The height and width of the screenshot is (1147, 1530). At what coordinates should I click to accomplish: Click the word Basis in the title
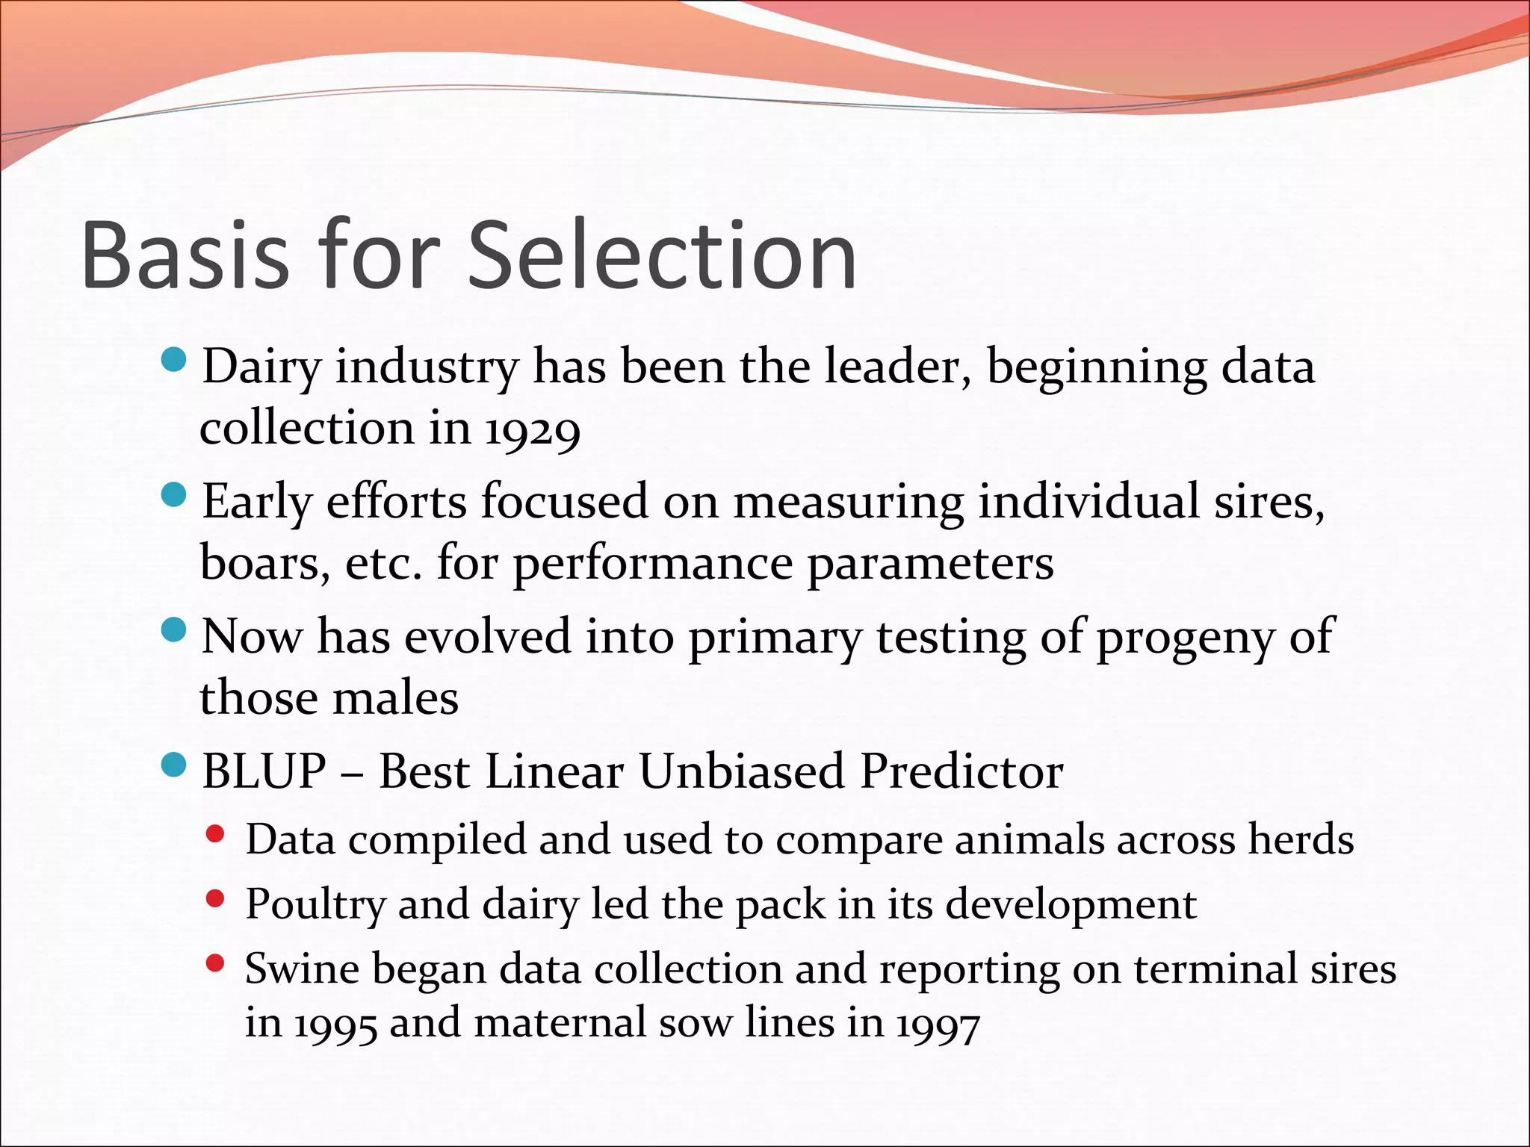point(185,255)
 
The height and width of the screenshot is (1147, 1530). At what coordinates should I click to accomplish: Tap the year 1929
point(532,431)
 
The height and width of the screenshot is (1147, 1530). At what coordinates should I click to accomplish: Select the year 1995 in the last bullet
point(335,1025)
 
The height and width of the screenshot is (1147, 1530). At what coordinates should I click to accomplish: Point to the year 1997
point(938,1025)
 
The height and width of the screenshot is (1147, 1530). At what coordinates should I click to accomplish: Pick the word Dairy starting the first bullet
point(261,368)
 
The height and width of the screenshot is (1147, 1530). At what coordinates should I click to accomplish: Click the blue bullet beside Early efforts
point(173,495)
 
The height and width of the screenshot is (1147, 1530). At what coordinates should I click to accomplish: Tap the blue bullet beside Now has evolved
point(173,630)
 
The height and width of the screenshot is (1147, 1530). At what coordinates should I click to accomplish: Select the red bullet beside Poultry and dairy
point(215,899)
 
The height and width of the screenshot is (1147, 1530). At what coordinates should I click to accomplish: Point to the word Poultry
point(315,905)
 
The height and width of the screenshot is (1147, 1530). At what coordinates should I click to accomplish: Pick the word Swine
point(301,969)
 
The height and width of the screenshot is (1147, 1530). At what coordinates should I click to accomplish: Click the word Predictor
point(961,771)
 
